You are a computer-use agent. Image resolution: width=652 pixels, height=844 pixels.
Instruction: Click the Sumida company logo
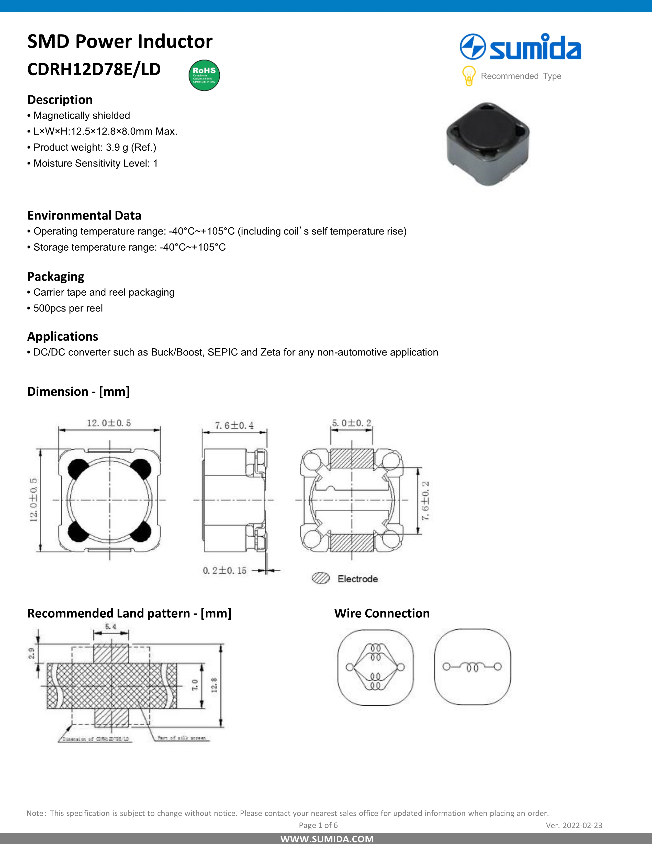[520, 47]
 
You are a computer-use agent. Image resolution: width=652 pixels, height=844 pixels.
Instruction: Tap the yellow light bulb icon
[468, 76]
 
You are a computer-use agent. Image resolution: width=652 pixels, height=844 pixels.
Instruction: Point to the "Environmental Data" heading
[84, 215]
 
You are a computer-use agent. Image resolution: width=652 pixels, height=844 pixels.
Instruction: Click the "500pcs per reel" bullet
[68, 308]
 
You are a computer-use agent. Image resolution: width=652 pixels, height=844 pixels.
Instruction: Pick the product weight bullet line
[95, 147]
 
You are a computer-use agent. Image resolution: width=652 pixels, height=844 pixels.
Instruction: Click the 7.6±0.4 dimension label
[234, 426]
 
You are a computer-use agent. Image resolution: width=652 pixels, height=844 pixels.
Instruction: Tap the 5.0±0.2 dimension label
[351, 423]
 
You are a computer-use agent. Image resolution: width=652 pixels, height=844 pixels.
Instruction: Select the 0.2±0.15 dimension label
[224, 570]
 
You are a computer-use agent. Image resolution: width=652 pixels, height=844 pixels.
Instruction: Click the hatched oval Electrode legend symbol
[321, 578]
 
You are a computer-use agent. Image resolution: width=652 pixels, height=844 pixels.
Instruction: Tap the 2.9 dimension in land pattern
[31, 653]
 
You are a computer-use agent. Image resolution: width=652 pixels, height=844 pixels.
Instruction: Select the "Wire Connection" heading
[382, 613]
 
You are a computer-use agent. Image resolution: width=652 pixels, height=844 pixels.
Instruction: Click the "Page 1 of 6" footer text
[318, 825]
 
